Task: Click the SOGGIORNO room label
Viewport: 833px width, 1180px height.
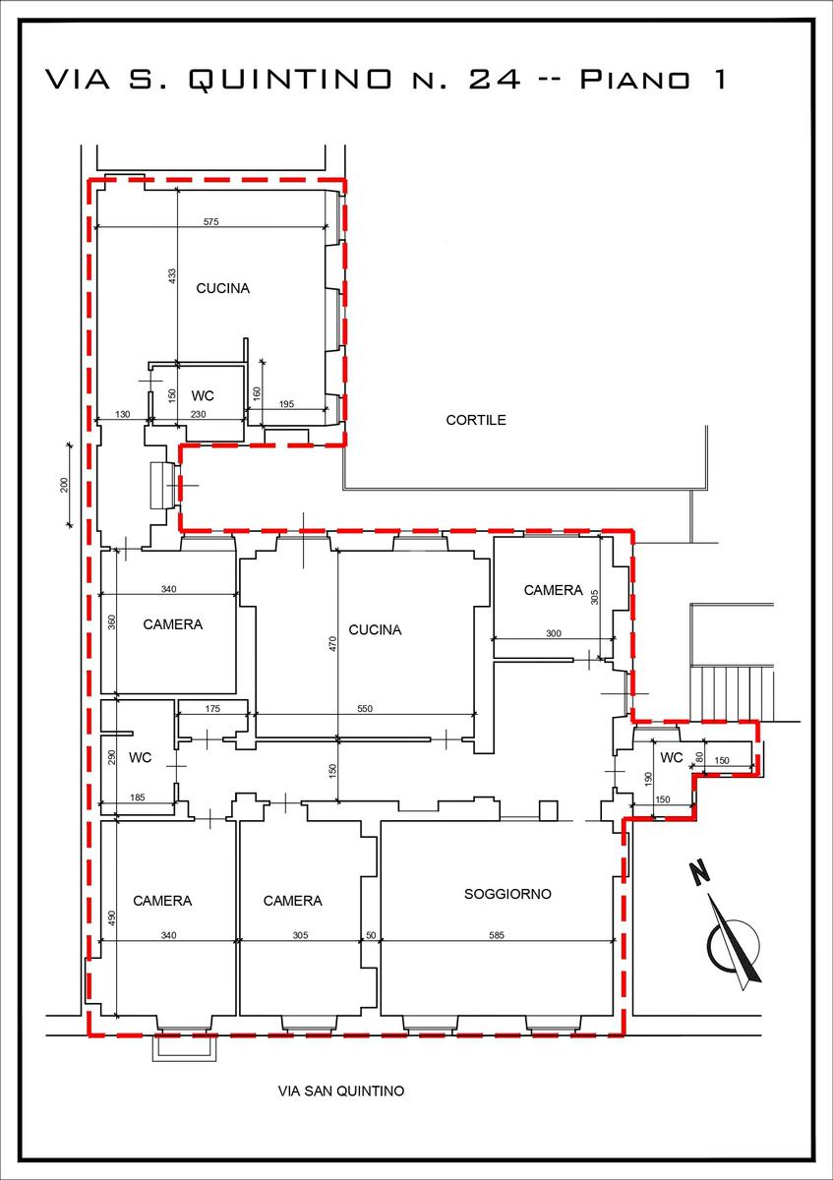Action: pos(507,894)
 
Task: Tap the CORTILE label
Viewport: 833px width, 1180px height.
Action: pos(476,420)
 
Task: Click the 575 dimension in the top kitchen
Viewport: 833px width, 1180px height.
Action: pos(210,222)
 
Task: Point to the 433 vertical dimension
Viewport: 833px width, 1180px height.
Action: pos(172,276)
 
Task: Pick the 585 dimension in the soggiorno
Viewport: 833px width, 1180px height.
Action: pos(497,935)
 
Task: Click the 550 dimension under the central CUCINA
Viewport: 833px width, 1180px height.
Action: pos(365,709)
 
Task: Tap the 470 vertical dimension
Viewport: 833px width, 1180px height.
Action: pos(332,643)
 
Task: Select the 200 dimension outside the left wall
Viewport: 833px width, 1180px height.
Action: pos(64,485)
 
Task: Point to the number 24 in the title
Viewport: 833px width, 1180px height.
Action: pos(495,79)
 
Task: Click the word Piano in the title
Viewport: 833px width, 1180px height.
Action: pos(635,79)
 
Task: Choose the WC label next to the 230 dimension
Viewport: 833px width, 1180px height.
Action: pos(203,395)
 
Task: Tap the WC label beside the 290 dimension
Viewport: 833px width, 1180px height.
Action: pos(141,757)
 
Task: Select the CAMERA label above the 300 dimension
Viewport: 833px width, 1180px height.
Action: pos(554,590)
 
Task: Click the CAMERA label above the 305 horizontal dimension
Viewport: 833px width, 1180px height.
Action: pos(292,901)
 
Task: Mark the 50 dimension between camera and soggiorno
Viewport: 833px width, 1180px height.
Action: pos(371,935)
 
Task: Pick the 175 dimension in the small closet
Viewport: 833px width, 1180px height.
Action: pos(212,709)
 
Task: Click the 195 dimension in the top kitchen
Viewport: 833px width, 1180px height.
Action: pos(286,404)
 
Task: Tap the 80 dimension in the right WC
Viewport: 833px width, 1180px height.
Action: pos(699,757)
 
